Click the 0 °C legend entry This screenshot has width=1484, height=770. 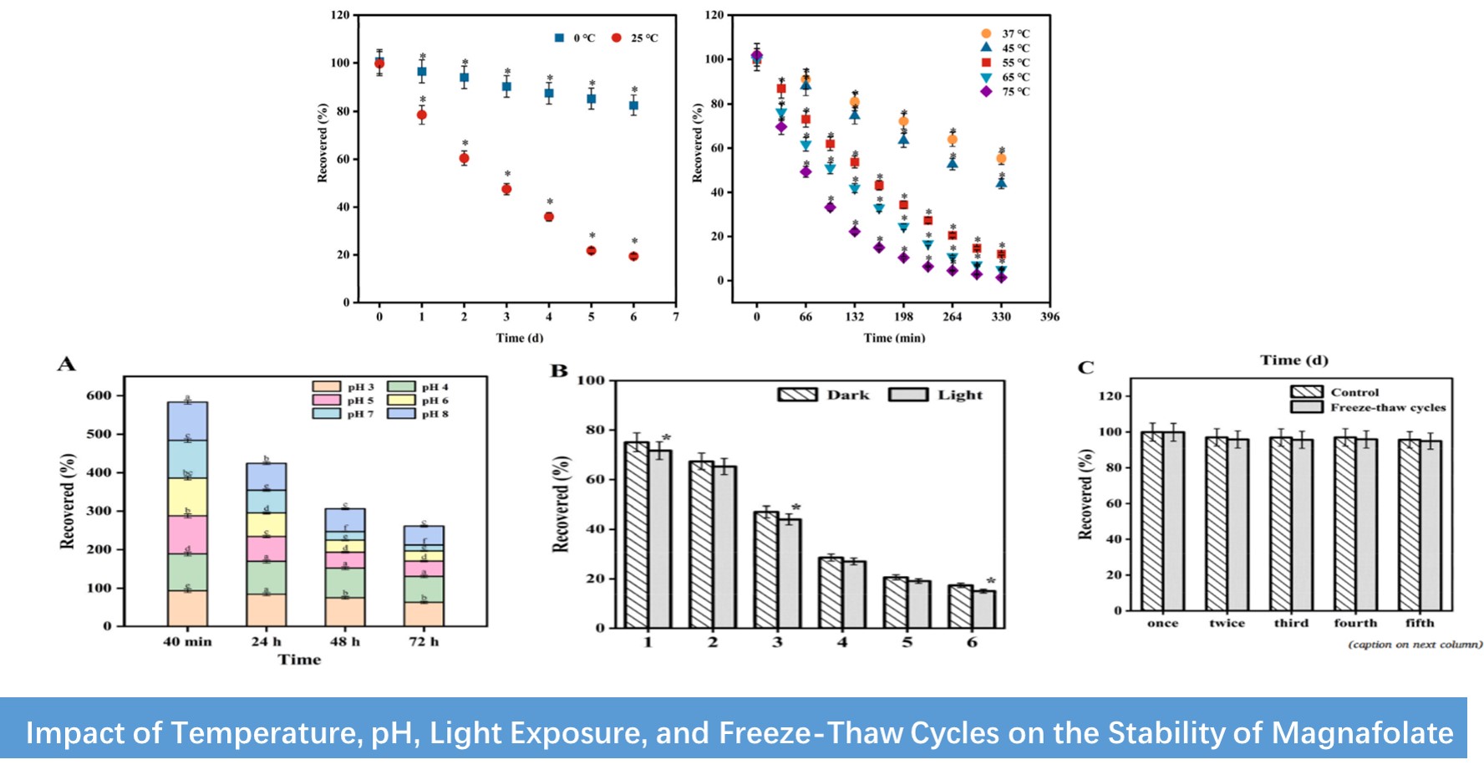pos(576,38)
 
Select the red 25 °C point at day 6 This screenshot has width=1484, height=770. pos(633,256)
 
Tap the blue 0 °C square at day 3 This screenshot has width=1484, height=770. pos(506,86)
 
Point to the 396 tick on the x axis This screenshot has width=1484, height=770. pos(1049,317)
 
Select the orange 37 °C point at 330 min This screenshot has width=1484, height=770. pos(1001,159)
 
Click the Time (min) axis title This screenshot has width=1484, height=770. pos(894,338)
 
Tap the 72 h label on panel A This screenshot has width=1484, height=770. pos(423,642)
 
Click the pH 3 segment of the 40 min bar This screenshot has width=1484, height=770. pos(187,608)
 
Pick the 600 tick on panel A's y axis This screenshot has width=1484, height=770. pos(99,395)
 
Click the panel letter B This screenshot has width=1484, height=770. pos(559,371)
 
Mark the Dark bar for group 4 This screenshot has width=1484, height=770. pos(831,592)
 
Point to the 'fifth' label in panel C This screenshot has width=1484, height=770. pos(1420,623)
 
